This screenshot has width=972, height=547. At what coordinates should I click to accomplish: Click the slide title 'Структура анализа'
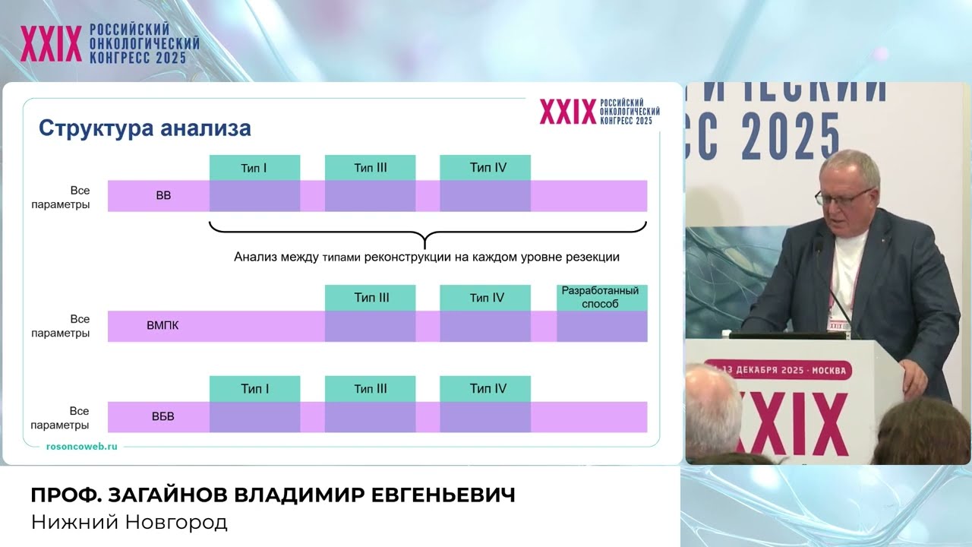click(x=145, y=128)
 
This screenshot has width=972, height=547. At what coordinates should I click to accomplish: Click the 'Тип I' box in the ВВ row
click(x=254, y=168)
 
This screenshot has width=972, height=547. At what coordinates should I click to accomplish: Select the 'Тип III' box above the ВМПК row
click(x=370, y=298)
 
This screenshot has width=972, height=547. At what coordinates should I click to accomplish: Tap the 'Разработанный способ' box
click(x=602, y=298)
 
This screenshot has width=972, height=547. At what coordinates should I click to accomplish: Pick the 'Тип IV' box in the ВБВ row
click(x=485, y=388)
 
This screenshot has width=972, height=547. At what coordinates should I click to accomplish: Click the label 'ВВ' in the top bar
click(x=163, y=196)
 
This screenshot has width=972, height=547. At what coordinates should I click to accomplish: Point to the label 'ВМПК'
click(x=163, y=326)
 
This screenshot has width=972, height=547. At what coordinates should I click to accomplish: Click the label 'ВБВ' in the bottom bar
click(x=163, y=417)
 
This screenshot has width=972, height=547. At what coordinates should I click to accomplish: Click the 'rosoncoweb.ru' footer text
click(x=81, y=447)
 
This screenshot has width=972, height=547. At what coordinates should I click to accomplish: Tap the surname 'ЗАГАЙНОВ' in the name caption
click(x=168, y=495)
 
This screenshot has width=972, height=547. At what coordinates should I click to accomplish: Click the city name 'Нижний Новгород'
click(x=129, y=522)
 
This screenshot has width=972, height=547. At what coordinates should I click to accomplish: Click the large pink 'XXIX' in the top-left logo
click(x=51, y=43)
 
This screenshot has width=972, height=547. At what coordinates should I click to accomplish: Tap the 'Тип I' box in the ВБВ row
click(x=254, y=388)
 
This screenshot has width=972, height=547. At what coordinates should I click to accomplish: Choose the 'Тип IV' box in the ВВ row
click(x=485, y=168)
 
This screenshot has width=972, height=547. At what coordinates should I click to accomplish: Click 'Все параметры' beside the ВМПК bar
click(x=61, y=326)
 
